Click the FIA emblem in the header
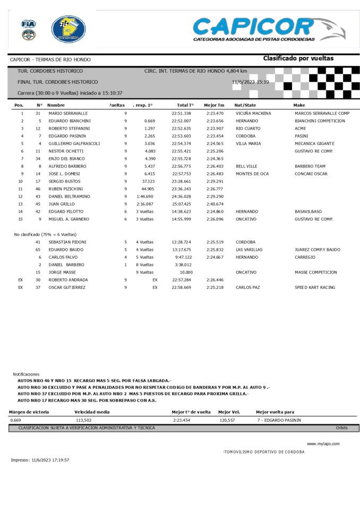(x=28, y=24)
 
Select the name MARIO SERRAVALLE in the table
(x=68, y=113)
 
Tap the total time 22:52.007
(x=181, y=121)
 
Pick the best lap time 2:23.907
(x=215, y=128)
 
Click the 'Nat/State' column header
(x=245, y=105)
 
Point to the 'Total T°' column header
(x=185, y=105)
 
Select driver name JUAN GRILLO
(x=62, y=204)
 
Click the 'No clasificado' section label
(x=45, y=234)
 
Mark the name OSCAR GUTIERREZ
(x=67, y=287)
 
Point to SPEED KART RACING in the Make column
(x=316, y=287)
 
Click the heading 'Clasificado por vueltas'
(x=298, y=58)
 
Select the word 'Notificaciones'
(x=26, y=374)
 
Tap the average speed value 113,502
(x=83, y=420)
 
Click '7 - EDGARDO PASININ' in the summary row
(x=279, y=420)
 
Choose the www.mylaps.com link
(x=323, y=444)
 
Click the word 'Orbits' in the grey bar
(x=341, y=428)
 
